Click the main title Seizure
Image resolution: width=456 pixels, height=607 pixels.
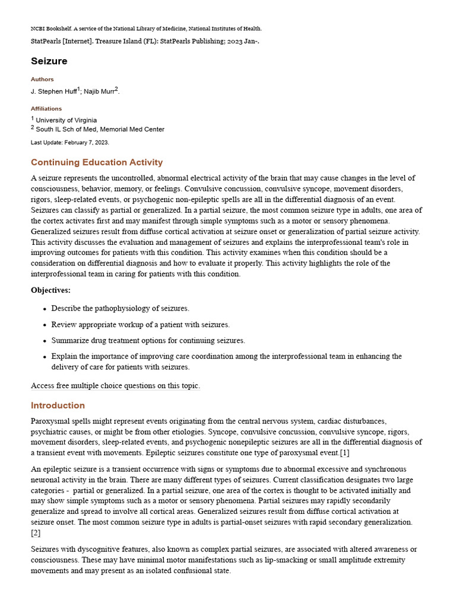click(49, 61)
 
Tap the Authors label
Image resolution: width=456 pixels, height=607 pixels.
click(42, 79)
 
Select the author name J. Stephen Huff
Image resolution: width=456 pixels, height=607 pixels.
click(53, 91)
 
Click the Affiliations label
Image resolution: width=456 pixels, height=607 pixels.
click(46, 109)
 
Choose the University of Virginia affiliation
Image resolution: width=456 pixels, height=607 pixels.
click(66, 120)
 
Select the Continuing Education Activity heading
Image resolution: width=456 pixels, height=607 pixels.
click(97, 162)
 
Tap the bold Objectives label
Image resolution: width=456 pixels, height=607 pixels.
click(50, 290)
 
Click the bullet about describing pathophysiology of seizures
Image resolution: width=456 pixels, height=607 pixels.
click(120, 308)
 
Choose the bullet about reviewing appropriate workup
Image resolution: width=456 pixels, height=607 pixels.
click(140, 324)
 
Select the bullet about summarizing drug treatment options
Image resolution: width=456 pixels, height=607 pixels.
click(148, 340)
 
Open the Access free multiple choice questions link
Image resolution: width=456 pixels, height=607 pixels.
click(115, 386)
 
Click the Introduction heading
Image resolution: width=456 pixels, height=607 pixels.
click(58, 405)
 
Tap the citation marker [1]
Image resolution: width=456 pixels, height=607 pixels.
click(344, 453)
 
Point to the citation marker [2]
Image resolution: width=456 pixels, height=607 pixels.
click(36, 533)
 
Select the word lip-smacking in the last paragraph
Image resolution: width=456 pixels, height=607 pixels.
click(267, 560)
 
